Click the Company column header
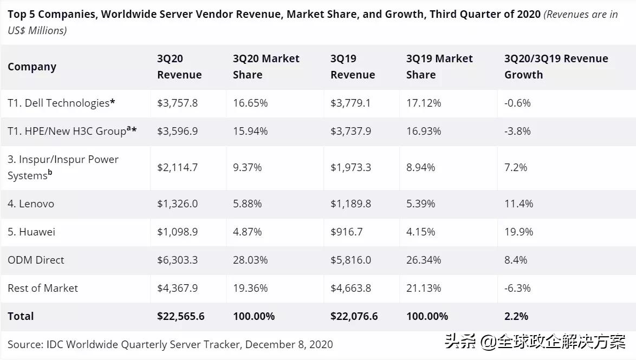[x=32, y=67]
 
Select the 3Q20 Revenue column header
[x=179, y=67]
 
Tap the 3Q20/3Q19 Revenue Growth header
[x=556, y=67]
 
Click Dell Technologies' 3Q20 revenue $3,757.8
[x=177, y=103]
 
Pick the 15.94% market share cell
[x=250, y=131]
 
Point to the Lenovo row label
[x=31, y=204]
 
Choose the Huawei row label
[x=31, y=232]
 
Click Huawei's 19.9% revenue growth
[x=518, y=232]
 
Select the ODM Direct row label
[x=36, y=260]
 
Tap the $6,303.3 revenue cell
[x=177, y=260]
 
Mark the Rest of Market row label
[x=43, y=288]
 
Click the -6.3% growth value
[x=517, y=288]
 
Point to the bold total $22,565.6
[x=180, y=316]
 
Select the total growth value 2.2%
[x=516, y=316]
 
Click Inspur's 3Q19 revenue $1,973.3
[x=351, y=167]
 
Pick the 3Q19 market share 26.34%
[x=424, y=260]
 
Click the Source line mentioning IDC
[x=170, y=344]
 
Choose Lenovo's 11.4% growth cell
[x=518, y=204]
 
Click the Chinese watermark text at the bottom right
[x=535, y=342]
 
